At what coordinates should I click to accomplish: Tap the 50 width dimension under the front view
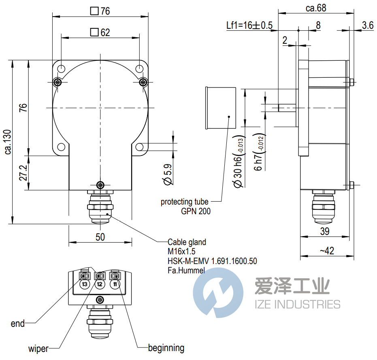100,237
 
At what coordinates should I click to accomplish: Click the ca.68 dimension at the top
316,8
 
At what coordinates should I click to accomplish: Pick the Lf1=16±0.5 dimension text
249,26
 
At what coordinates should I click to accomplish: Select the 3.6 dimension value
367,26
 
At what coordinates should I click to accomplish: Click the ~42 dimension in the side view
326,251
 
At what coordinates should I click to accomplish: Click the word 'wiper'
38,349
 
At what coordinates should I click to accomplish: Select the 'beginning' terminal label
166,348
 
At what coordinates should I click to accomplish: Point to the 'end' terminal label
18,324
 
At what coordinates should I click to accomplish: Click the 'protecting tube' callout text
184,202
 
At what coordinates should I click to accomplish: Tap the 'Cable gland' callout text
187,242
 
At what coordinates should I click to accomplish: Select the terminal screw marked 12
100,276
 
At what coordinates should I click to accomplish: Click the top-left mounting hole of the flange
60,69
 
